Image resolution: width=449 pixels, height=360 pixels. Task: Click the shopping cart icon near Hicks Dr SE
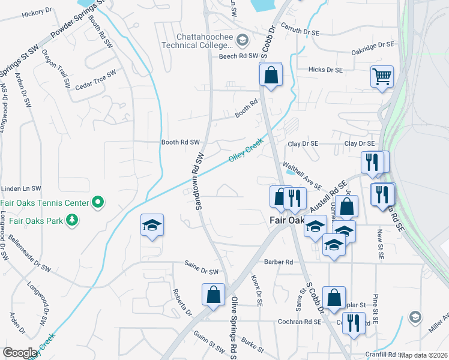point(382,76)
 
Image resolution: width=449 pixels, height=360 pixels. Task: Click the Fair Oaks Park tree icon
point(71,220)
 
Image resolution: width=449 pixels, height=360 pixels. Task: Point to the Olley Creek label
point(246,151)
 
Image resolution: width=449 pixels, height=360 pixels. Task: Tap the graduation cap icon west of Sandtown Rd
point(152,225)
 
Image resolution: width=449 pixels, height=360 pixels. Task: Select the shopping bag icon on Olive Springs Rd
point(213,295)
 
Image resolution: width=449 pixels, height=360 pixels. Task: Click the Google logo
point(20,352)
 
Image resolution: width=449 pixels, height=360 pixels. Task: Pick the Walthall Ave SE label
point(303,178)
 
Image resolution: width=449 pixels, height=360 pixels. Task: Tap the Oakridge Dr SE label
point(373,45)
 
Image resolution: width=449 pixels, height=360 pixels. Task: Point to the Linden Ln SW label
point(20,188)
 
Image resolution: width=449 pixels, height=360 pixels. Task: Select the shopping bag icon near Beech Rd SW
point(271,75)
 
